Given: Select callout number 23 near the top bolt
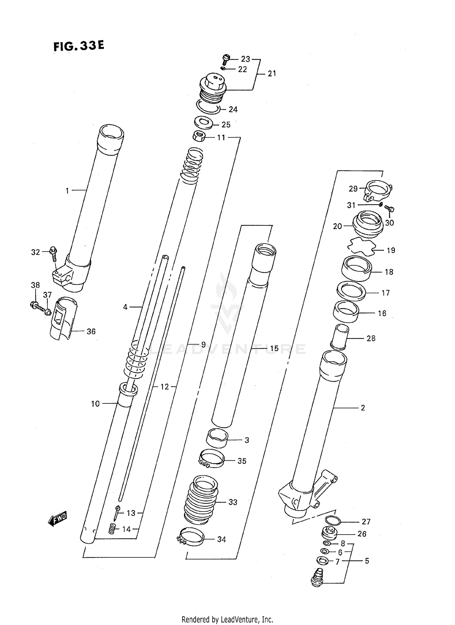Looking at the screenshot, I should click(x=245, y=59).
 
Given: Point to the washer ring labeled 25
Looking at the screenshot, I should click(x=204, y=122).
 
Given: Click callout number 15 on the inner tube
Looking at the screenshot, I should click(x=274, y=348).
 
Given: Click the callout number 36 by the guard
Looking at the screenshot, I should click(x=91, y=331).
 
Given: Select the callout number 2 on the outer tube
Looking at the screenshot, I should click(x=363, y=408).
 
